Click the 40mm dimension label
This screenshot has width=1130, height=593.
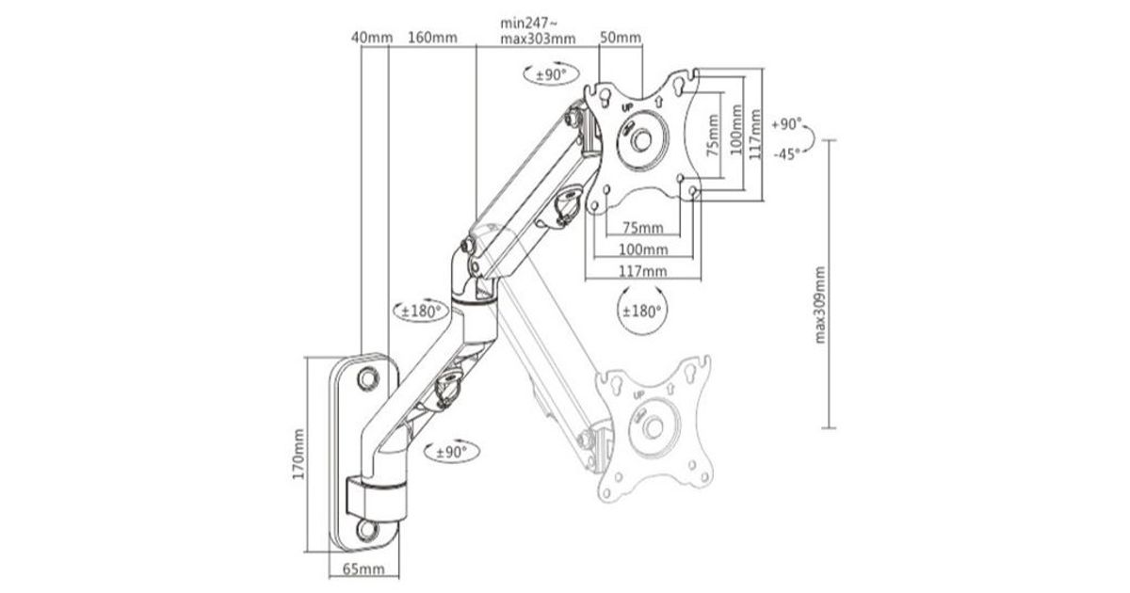(x=370, y=38)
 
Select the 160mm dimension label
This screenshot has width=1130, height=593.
(x=433, y=38)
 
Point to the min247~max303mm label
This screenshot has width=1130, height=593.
(x=538, y=31)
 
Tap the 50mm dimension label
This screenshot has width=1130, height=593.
(x=621, y=38)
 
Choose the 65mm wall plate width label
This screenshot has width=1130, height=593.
(x=363, y=569)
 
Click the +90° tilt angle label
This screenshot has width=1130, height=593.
(x=785, y=124)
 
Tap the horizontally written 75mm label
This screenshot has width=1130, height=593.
(x=643, y=227)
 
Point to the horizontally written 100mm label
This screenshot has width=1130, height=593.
(x=643, y=249)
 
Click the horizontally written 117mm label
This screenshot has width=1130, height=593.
(x=643, y=271)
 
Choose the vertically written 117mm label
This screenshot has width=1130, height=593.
(x=754, y=134)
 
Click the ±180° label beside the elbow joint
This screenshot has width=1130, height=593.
(x=422, y=313)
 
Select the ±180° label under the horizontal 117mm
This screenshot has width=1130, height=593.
(x=642, y=310)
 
